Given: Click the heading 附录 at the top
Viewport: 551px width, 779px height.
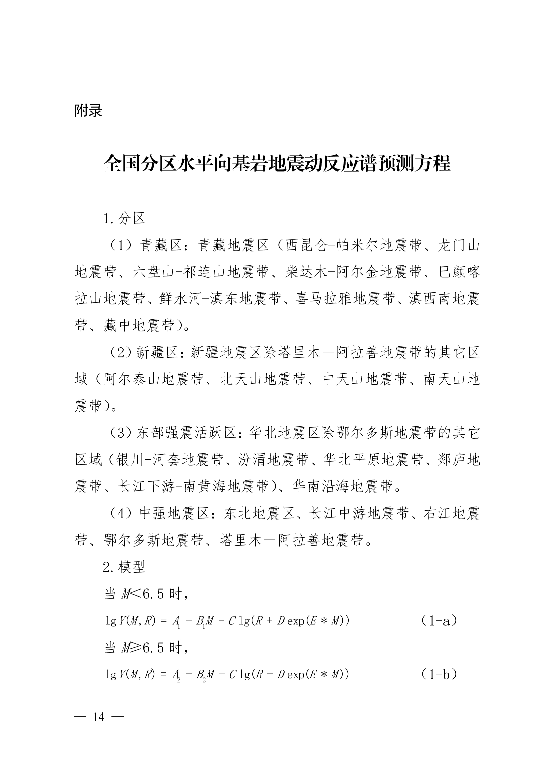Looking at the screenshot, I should point(88,111).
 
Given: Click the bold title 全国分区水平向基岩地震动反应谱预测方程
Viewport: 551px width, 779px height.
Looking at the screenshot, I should point(277,164).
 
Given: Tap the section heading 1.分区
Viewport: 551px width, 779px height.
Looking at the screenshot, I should point(124,218).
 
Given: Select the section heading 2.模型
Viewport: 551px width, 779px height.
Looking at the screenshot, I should point(124,567).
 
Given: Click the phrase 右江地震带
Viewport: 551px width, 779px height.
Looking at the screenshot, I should point(451,513).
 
